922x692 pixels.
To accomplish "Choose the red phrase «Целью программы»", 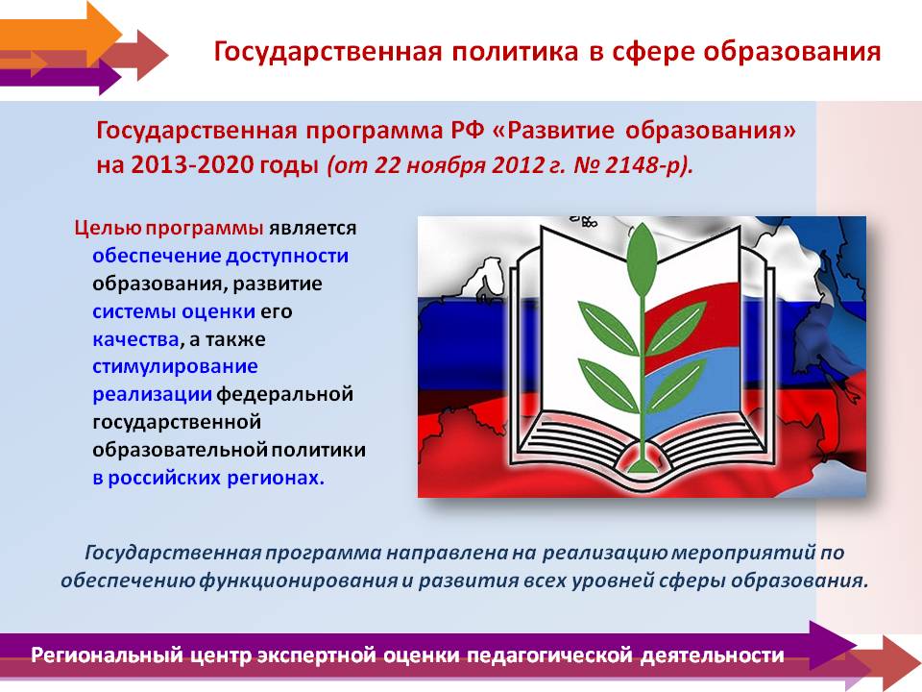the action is pos(169,229).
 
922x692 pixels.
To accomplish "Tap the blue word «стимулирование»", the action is pos(175,367).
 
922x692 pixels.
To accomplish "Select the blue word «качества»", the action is pos(135,339).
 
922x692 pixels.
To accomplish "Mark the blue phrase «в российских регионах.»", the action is pos(208,478).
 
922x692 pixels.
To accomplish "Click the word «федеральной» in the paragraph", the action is pos(285,394).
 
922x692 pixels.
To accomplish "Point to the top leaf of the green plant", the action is pos(641,259).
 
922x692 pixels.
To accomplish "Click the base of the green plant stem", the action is pos(642,465).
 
